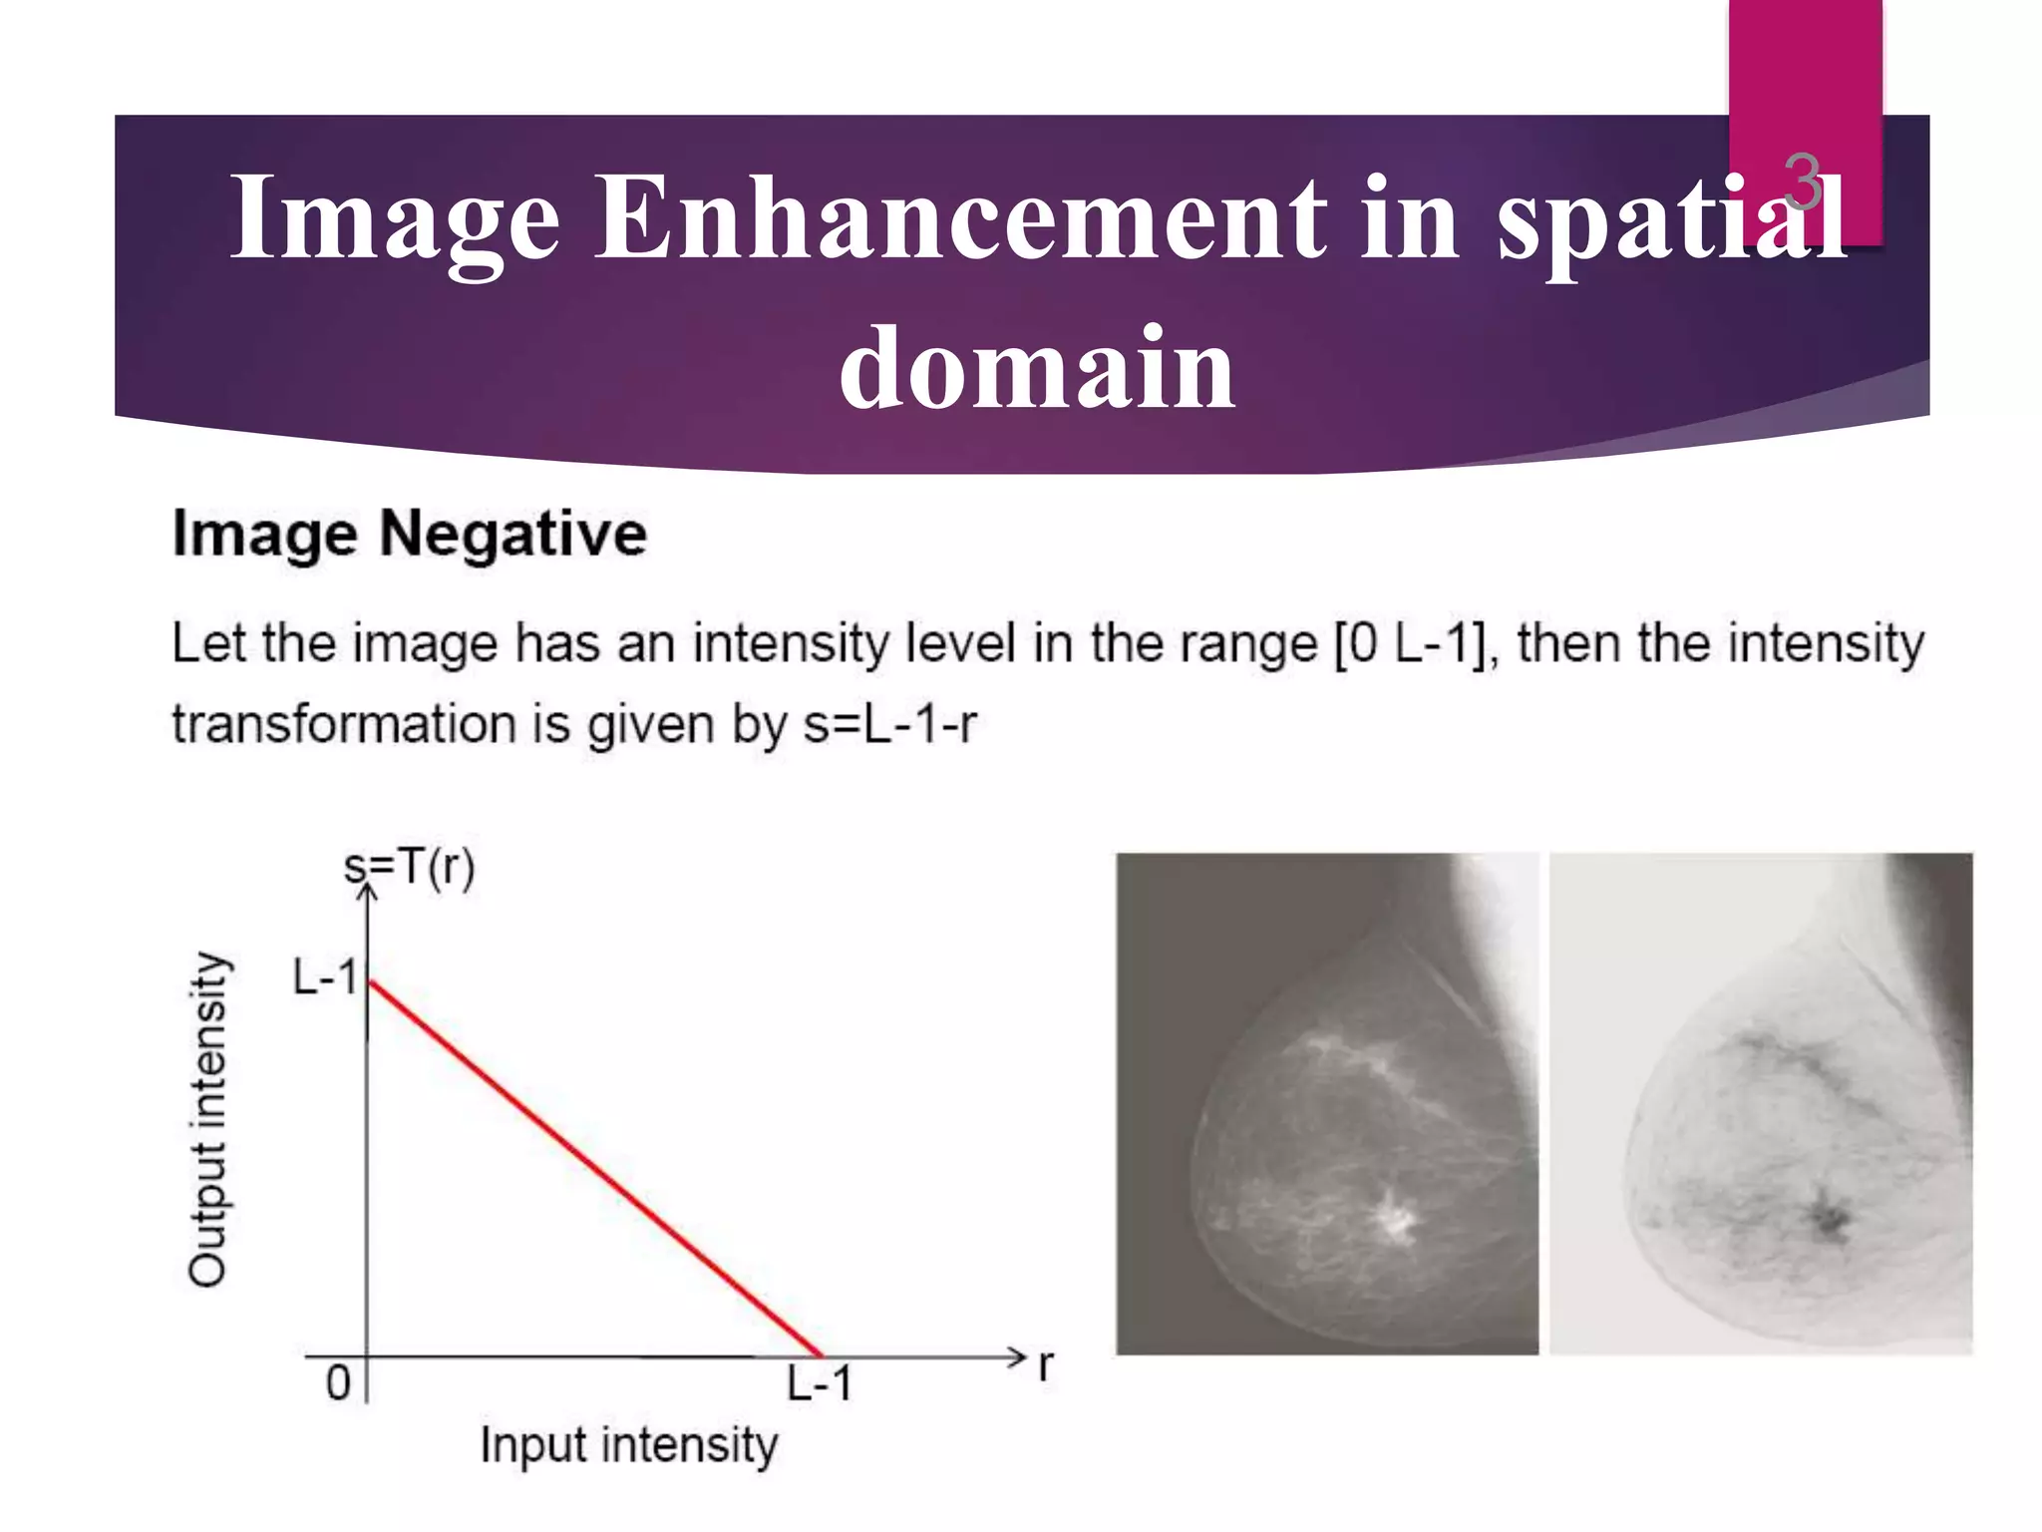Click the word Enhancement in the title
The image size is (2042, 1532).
tap(962, 216)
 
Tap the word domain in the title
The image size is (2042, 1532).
tap(1037, 368)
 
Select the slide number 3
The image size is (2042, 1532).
tap(1802, 183)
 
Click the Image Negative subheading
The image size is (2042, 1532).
tap(410, 534)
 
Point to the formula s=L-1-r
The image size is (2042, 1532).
tap(889, 724)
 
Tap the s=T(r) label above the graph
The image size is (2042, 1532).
tap(410, 867)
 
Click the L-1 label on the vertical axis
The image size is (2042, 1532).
tap(324, 976)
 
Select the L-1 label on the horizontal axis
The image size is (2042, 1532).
tap(819, 1384)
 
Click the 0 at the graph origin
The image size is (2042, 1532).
tap(339, 1383)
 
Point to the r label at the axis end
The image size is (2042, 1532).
tap(1045, 1363)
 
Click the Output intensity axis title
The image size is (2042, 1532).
tap(208, 1118)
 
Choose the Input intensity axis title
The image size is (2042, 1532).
tap(628, 1445)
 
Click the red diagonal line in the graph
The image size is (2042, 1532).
tap(594, 1169)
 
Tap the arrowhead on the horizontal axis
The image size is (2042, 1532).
tap(1017, 1356)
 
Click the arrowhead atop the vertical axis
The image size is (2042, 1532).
tap(368, 890)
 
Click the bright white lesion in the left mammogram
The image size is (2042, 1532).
tap(1395, 1218)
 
